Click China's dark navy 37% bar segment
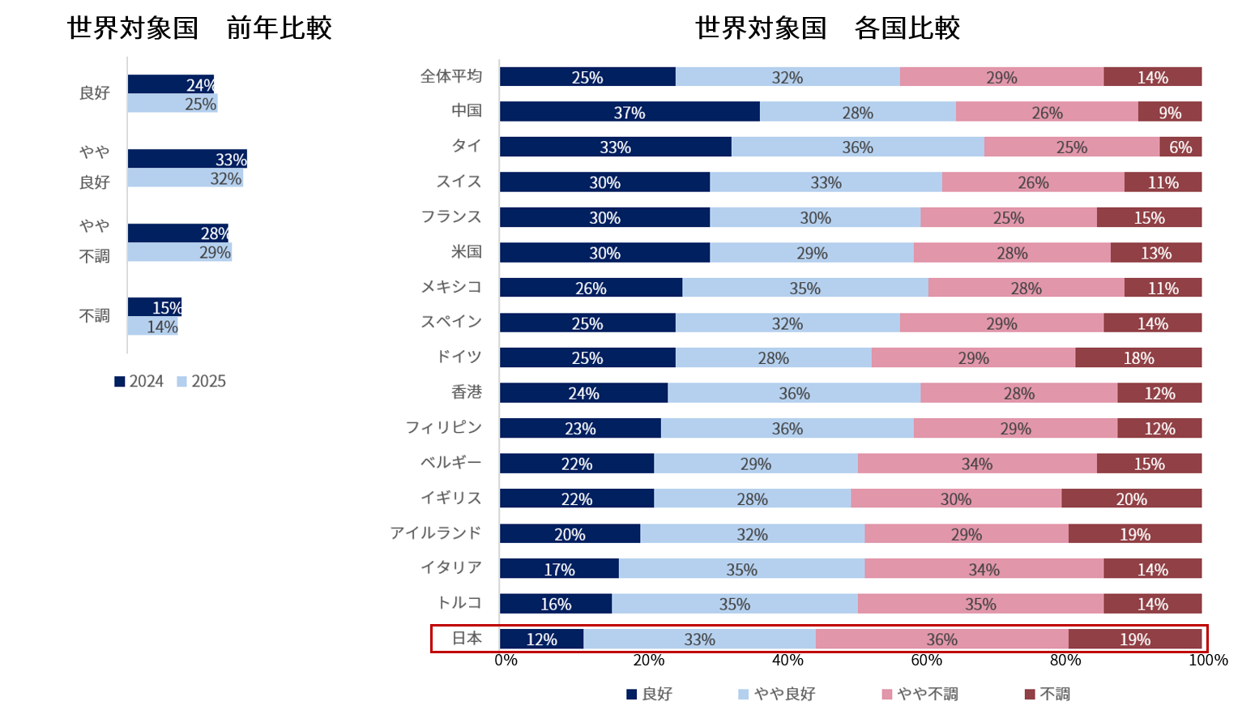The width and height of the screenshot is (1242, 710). point(630,112)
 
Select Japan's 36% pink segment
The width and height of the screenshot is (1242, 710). point(941,639)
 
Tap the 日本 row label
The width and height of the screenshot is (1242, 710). point(467,639)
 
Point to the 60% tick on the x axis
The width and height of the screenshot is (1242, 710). point(926,660)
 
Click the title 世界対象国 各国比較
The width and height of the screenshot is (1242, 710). point(827,28)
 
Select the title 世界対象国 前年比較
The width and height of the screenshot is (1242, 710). point(199,28)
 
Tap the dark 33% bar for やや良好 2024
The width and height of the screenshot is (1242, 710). point(187,159)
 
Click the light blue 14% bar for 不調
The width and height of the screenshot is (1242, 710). point(152,327)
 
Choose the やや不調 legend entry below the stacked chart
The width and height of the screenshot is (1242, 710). point(920,694)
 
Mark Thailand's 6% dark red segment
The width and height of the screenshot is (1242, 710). point(1180,147)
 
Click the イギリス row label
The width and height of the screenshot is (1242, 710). point(451,498)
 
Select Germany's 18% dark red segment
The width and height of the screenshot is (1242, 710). point(1138,357)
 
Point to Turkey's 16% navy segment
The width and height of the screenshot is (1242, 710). point(556,604)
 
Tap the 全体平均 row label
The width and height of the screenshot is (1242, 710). point(451,76)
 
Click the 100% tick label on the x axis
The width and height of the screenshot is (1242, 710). point(1208,660)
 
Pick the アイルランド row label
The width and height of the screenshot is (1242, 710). point(436,532)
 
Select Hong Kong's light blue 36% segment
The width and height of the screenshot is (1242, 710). point(794,393)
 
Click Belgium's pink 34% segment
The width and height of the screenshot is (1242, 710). point(977,464)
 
